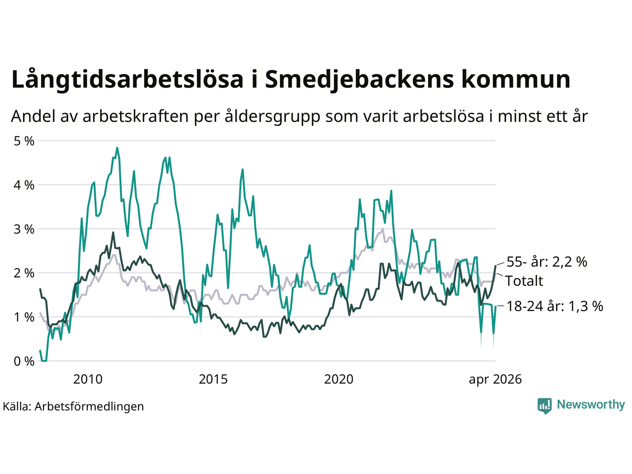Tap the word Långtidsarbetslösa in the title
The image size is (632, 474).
tap(127, 79)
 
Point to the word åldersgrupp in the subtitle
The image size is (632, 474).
tap(272, 117)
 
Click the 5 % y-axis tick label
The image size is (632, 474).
tap(24, 141)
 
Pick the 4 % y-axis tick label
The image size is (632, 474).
tap(24, 185)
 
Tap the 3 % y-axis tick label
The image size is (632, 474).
tap(24, 229)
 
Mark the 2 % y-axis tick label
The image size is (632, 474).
tap(24, 273)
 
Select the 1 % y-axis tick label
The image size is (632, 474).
tap(24, 317)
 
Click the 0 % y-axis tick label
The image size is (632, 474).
tap(24, 361)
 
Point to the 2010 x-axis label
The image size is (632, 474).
tap(88, 379)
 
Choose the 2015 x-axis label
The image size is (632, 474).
tap(213, 379)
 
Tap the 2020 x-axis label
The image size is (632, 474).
tap(339, 379)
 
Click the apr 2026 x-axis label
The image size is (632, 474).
tap(495, 380)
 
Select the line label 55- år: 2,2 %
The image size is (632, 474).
tap(547, 262)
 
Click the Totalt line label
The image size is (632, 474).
tap(524, 280)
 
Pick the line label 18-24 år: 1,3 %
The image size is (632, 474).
tap(555, 306)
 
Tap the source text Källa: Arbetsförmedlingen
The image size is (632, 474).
tap(74, 406)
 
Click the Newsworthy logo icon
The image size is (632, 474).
tap(545, 406)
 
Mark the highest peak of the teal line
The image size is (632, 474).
tap(117, 148)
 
